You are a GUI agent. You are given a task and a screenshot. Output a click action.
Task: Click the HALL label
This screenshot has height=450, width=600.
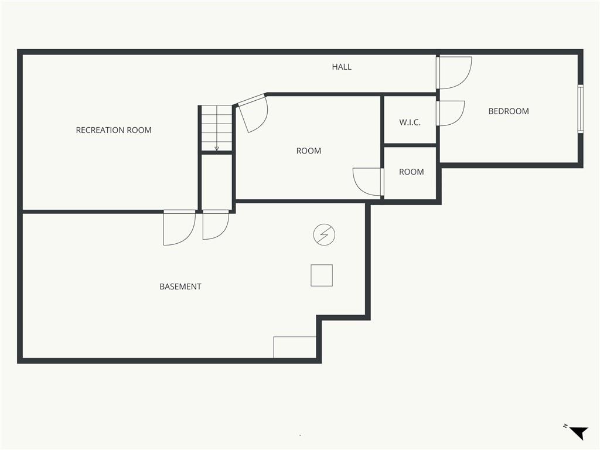coord(342,67)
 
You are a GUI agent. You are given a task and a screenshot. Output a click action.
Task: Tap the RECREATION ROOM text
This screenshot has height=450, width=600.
coord(114,130)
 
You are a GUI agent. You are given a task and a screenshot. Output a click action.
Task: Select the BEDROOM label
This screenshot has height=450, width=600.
coord(509,111)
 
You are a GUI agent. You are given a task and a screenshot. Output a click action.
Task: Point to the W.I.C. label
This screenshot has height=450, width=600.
coord(410,122)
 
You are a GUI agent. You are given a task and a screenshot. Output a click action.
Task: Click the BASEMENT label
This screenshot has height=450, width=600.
coord(180,287)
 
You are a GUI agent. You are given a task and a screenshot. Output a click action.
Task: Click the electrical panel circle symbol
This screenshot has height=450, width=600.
coord(324,234)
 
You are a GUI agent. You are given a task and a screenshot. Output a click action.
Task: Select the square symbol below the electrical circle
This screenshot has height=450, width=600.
coord(322,275)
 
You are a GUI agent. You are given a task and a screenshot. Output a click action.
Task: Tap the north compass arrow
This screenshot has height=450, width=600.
coord(579,433)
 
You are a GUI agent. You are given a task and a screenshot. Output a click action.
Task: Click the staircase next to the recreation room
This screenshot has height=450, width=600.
coord(217,128)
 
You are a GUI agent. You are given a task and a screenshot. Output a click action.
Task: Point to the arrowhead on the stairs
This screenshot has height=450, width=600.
coord(217,148)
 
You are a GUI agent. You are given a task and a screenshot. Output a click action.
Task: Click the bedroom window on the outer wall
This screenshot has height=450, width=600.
coord(581,108)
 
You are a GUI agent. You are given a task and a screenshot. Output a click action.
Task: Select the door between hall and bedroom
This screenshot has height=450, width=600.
coord(454,73)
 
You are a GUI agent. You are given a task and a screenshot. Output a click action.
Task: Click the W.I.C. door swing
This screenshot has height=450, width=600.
coord(451,113)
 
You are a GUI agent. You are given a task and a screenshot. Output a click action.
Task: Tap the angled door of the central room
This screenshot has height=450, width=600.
coord(252,113)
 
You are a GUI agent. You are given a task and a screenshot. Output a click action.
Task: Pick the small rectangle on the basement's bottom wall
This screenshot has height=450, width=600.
coord(295,347)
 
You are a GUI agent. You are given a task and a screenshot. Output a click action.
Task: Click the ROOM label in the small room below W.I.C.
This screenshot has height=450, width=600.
coord(411,172)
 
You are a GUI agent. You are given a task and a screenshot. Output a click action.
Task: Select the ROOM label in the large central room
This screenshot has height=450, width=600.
coord(308,151)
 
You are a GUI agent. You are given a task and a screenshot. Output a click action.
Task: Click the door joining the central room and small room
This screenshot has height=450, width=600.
coord(368,182)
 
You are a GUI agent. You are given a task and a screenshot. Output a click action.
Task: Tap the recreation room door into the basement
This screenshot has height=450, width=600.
coord(179,228)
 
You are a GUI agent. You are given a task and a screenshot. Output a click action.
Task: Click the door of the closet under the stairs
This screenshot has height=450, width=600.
coord(216,225)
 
